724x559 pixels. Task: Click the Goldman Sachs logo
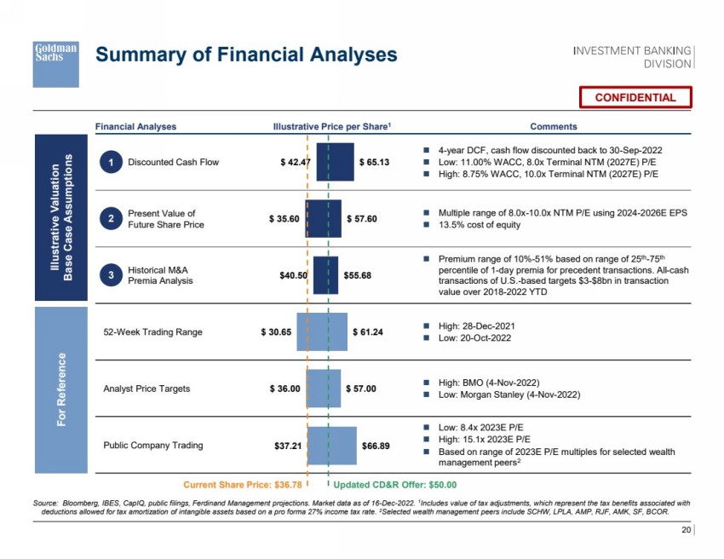[x=55, y=61]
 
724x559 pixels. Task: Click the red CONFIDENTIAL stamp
[x=635, y=97]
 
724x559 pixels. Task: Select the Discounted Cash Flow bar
[x=335, y=161]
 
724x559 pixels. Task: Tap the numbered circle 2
[x=110, y=218]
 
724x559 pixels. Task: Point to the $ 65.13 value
[x=374, y=161]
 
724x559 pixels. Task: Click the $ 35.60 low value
[x=284, y=218]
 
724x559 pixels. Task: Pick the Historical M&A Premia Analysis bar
[x=325, y=275]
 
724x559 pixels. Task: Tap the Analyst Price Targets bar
[x=323, y=389]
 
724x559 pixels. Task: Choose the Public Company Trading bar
[x=332, y=445]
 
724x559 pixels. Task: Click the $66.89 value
[x=376, y=445]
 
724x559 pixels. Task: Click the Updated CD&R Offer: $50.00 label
[x=394, y=484]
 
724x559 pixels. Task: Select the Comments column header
[x=554, y=126]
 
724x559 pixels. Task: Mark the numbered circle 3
[x=110, y=275]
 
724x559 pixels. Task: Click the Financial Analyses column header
[x=136, y=126]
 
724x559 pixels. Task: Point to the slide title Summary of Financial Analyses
[x=246, y=55]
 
